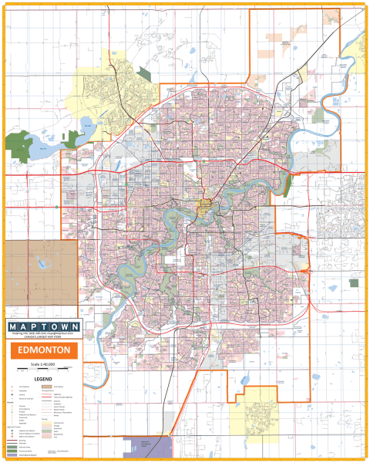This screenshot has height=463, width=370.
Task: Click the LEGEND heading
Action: tap(43, 380)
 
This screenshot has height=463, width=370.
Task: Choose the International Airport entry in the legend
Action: tap(22, 455)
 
